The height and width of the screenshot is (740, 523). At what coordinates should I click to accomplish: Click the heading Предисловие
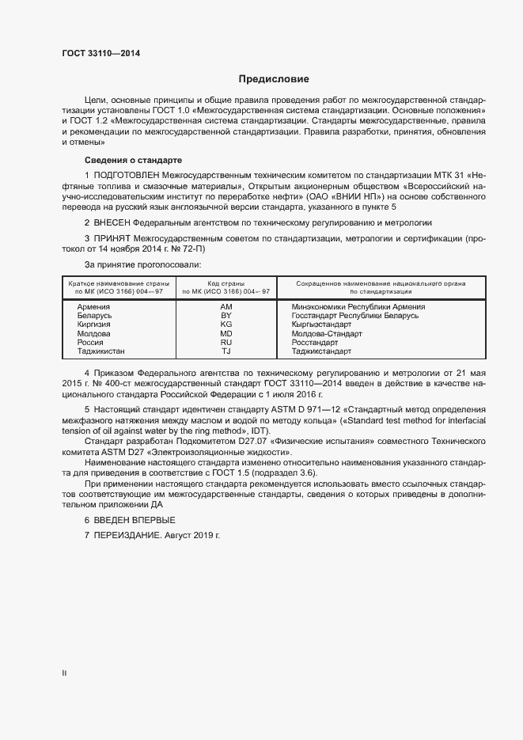pos(274,79)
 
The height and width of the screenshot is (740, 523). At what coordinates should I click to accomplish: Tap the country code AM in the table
pos(225,307)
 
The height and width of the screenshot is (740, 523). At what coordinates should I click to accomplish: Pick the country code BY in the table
pos(225,316)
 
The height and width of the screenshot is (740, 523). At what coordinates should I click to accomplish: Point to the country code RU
pos(225,342)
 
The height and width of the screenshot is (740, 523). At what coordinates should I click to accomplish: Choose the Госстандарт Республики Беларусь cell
pos(354,316)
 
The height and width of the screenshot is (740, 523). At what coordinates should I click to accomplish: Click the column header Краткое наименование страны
pos(116,283)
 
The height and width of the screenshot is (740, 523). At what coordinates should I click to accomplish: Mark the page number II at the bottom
pos(64,674)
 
